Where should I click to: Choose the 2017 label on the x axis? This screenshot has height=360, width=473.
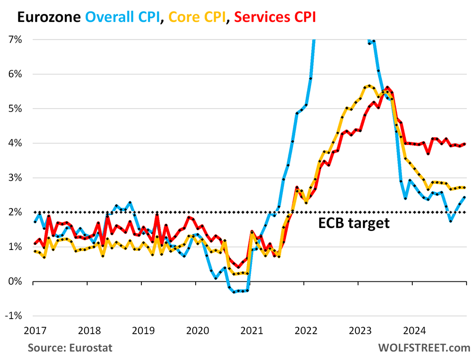click(x=33, y=331)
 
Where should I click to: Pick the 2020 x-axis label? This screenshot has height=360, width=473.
click(x=196, y=331)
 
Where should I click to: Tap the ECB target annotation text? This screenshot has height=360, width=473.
click(x=354, y=223)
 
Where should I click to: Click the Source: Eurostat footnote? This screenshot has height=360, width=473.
click(x=69, y=347)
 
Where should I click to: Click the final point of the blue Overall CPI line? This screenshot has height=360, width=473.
click(x=465, y=197)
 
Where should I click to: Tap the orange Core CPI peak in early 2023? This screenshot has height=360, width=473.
click(x=369, y=86)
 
